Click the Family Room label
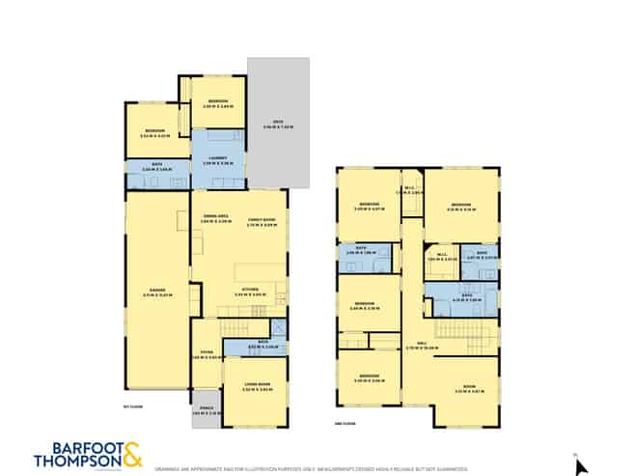pyautogui.click(x=262, y=219)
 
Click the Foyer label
pyautogui.click(x=207, y=353)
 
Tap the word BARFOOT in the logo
pyautogui.click(x=76, y=447)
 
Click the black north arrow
pyautogui.click(x=580, y=466)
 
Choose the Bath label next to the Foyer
pyautogui.click(x=241, y=345)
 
